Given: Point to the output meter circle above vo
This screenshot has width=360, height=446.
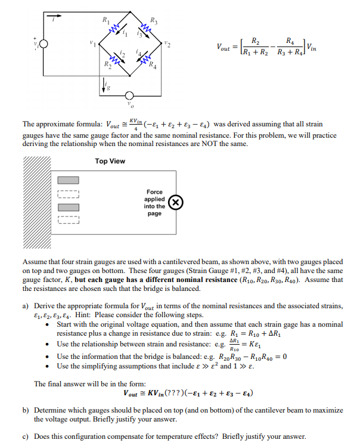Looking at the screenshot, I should coord(127,95).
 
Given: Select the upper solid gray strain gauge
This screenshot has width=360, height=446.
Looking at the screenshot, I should coord(67,181).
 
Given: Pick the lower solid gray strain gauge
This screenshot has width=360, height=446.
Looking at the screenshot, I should coord(67,207).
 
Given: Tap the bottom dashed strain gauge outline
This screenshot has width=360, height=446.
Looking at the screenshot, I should coord(67,221).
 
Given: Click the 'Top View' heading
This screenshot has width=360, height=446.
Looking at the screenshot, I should coord(110,161).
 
